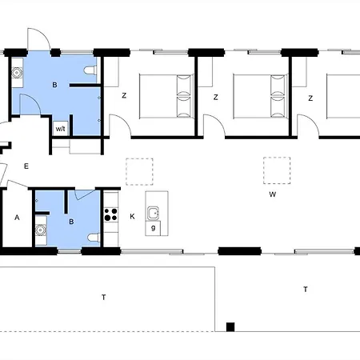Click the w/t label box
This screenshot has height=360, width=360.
61,129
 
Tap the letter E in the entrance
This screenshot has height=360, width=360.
26,166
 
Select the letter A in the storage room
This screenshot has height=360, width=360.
17,218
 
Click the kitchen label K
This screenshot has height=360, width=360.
132,216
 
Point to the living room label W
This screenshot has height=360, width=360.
272,194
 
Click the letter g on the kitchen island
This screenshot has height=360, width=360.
153,228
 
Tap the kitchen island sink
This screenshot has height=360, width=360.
154,213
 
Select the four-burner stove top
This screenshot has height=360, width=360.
111,214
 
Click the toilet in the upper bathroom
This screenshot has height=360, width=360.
90,70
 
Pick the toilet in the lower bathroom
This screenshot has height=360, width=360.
94,238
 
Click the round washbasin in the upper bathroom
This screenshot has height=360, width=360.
17,72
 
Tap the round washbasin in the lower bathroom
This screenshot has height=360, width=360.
41,230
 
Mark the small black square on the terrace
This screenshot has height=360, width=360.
230,327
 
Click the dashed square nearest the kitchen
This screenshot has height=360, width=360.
139,172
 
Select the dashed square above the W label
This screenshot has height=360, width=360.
277,170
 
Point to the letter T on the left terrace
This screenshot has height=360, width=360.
104,297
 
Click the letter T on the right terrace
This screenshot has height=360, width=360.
306,289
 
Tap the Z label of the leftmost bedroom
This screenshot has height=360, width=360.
124,95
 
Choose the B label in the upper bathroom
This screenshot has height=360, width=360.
54,85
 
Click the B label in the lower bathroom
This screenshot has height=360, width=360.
71,222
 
